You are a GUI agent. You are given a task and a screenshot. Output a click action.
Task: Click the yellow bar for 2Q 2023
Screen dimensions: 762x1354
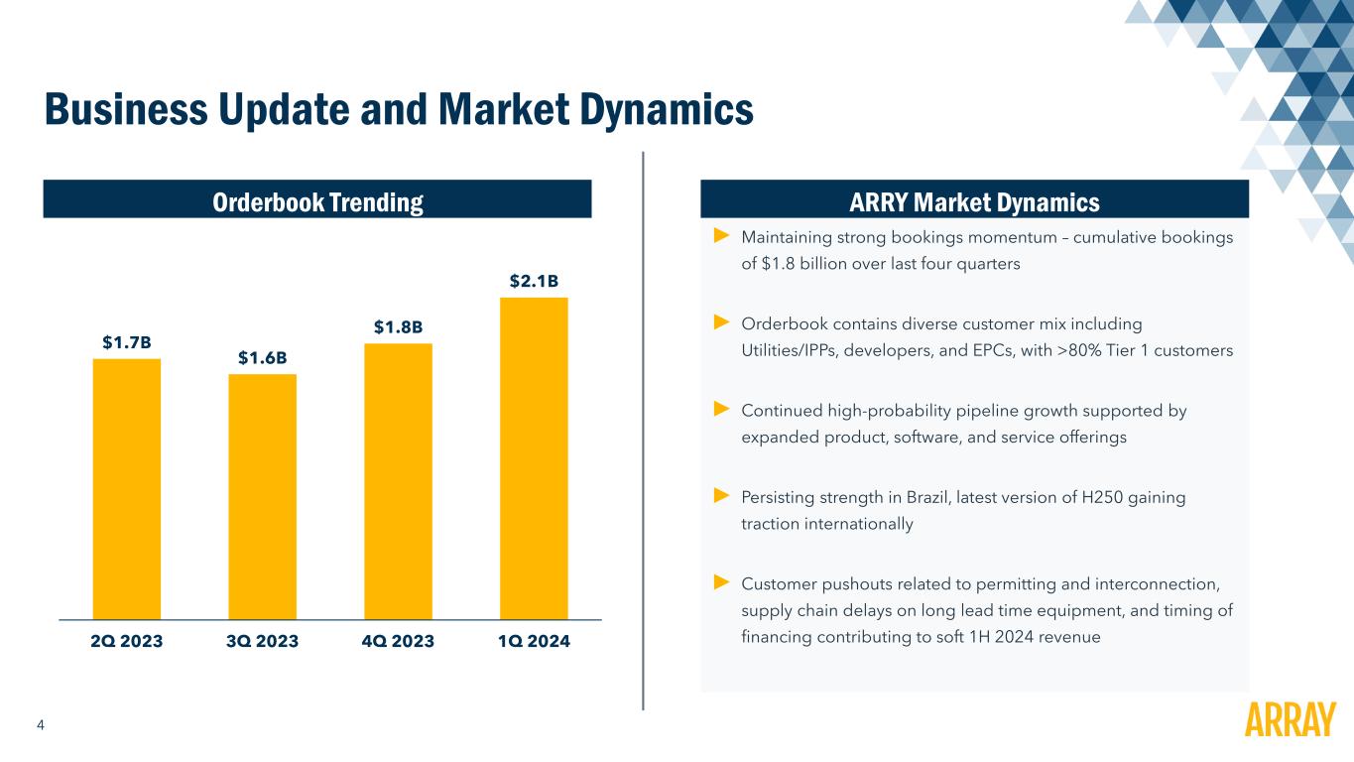click(127, 488)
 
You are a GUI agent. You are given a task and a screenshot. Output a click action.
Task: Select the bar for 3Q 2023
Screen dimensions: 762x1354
click(262, 496)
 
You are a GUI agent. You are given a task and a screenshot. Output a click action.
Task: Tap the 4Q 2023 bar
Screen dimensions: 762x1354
click(398, 481)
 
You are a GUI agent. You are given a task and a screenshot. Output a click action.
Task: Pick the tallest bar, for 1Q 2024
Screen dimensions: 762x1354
click(534, 458)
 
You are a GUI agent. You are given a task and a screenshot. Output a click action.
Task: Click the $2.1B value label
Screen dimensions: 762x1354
click(534, 282)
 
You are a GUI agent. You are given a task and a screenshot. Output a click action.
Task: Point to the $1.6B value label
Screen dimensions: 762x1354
click(262, 357)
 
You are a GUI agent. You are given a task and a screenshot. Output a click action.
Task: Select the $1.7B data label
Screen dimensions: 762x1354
click(127, 342)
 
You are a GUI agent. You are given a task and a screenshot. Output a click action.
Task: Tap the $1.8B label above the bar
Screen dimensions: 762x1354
click(398, 326)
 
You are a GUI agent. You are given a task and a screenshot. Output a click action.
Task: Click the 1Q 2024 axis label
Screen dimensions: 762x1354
click(534, 641)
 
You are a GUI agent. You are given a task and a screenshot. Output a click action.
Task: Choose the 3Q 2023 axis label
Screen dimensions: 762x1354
click(262, 641)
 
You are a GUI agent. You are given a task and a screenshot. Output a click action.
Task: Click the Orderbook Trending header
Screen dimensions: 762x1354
click(317, 202)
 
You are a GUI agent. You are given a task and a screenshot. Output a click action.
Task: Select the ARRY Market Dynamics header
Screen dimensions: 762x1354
click(974, 202)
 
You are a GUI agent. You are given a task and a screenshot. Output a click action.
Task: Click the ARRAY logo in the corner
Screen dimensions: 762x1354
click(1289, 719)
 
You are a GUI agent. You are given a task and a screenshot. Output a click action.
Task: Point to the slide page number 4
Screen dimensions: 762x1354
click(40, 725)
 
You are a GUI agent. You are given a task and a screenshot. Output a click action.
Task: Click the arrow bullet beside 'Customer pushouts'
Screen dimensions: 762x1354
click(721, 580)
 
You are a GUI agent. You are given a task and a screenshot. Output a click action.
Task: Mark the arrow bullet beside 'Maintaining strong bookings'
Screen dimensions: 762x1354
click(721, 236)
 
